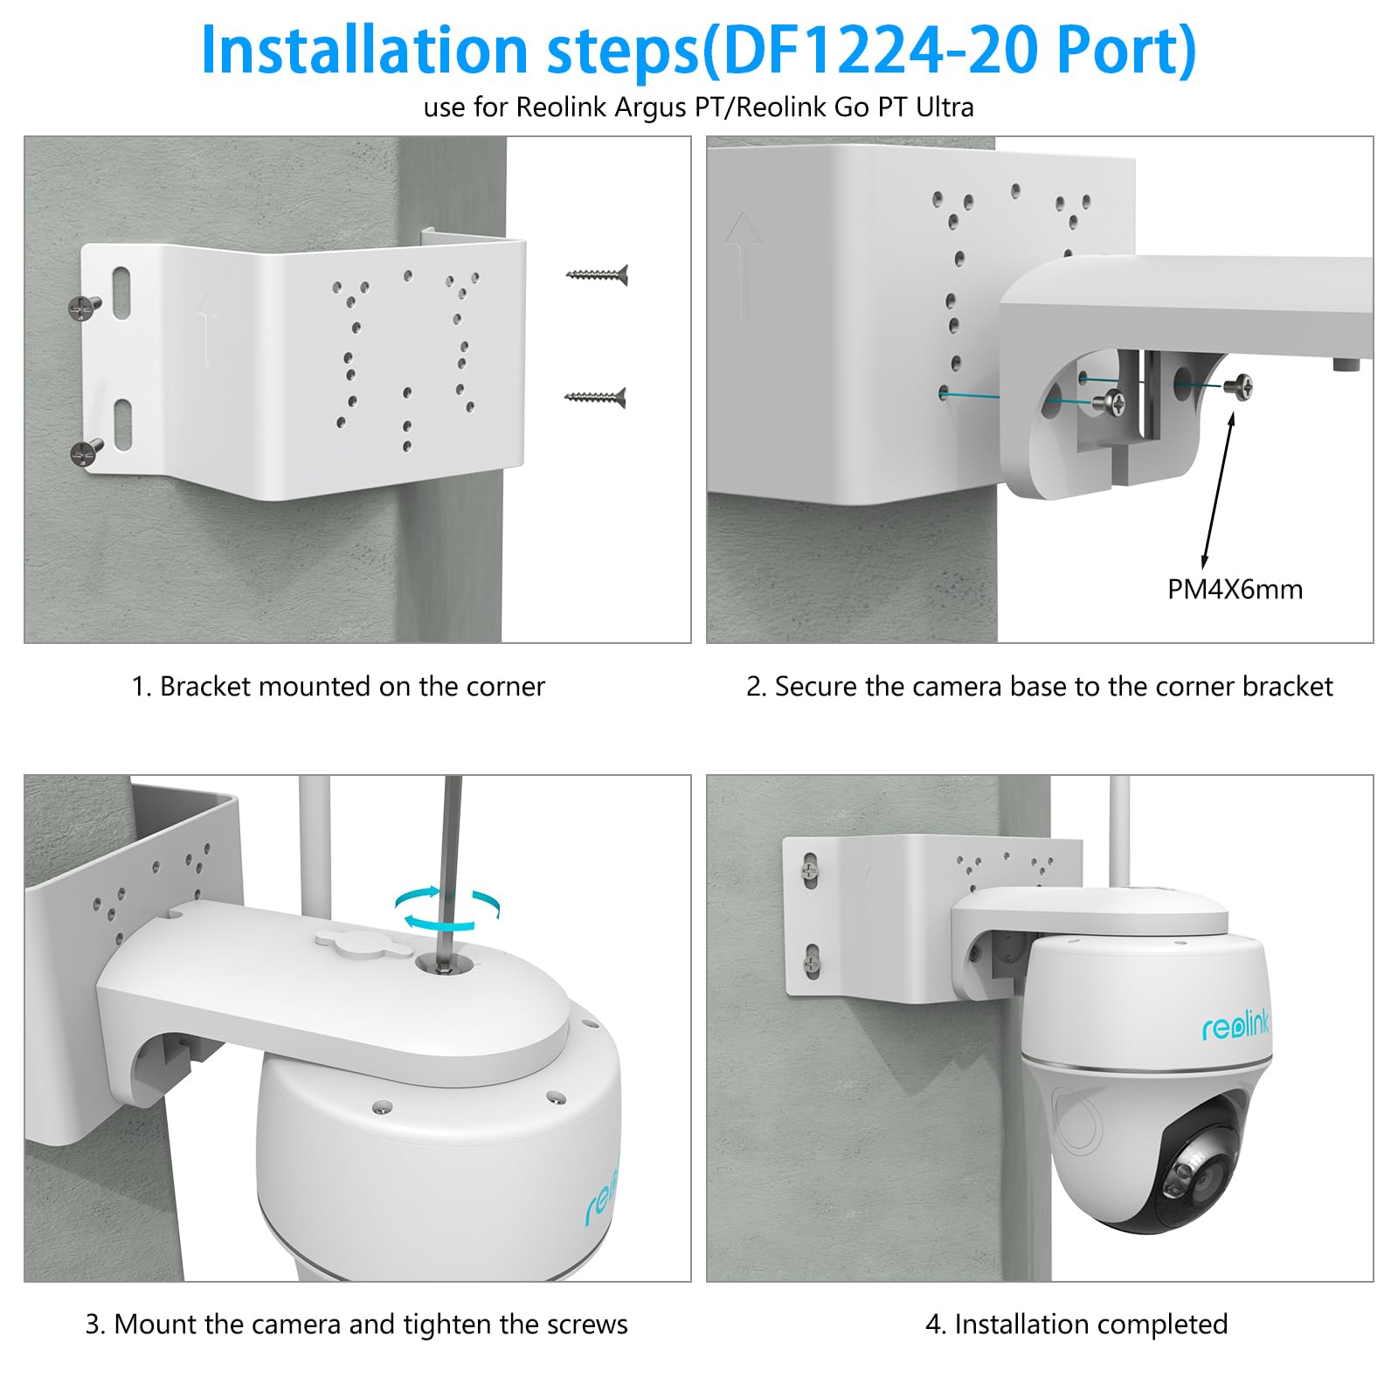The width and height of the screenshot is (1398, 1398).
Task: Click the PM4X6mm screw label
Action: click(1234, 590)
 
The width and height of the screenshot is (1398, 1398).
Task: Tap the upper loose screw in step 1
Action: click(598, 275)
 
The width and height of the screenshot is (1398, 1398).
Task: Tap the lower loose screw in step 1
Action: click(595, 398)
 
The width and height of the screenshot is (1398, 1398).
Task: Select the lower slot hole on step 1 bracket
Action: click(122, 425)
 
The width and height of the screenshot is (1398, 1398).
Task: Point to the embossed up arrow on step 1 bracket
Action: click(206, 329)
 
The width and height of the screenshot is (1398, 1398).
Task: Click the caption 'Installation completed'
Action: click(1076, 1324)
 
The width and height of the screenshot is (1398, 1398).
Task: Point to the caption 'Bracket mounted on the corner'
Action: click(338, 687)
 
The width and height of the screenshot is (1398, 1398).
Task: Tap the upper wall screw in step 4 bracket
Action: click(810, 870)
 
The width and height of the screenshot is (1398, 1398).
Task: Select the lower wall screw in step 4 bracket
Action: click(812, 963)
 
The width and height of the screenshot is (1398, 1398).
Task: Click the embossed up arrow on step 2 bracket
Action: click(743, 262)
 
